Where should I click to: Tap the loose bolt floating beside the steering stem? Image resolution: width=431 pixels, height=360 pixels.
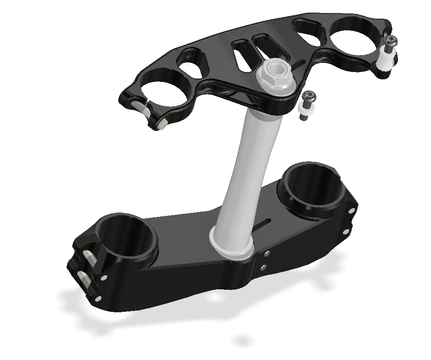(307, 105)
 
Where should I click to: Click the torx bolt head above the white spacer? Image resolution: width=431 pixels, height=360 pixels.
(391, 41)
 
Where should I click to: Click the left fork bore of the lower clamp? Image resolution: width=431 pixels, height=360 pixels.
(126, 239)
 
